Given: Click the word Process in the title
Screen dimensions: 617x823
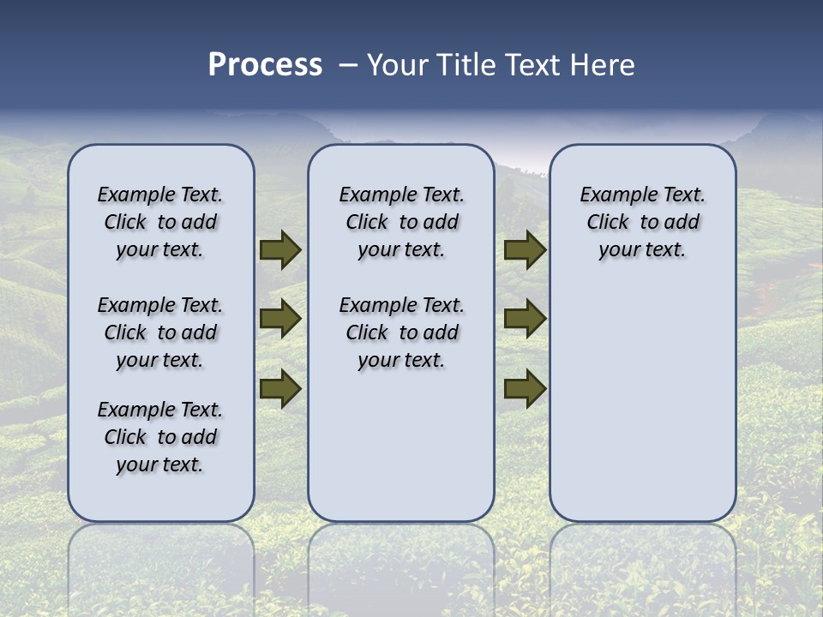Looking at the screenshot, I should tap(265, 65).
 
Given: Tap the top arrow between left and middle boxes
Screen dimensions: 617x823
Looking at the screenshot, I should tap(280, 249).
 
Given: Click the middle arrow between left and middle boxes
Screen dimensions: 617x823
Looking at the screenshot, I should tap(280, 319).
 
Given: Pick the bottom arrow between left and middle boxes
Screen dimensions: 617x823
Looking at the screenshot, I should tap(280, 389).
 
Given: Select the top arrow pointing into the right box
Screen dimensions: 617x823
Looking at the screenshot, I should tap(525, 249).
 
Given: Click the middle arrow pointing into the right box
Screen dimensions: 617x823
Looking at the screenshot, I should tap(525, 319).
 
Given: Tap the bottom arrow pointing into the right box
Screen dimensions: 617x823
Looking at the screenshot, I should tap(525, 389).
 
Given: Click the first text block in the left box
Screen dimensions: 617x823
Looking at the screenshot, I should tap(160, 222).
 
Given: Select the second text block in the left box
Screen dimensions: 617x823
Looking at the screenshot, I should tap(160, 332).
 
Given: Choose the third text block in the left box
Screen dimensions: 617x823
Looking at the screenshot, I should tap(160, 437).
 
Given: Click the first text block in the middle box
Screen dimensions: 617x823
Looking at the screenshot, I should tap(401, 222).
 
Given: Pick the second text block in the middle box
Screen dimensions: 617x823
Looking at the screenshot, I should tap(401, 332).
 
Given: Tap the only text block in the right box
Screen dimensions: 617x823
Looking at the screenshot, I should tap(643, 222).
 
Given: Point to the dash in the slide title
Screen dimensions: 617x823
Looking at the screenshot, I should tap(348, 66).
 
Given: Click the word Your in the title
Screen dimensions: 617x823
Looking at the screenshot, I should tap(397, 65).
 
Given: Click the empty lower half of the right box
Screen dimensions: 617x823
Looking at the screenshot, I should tap(643, 411).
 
